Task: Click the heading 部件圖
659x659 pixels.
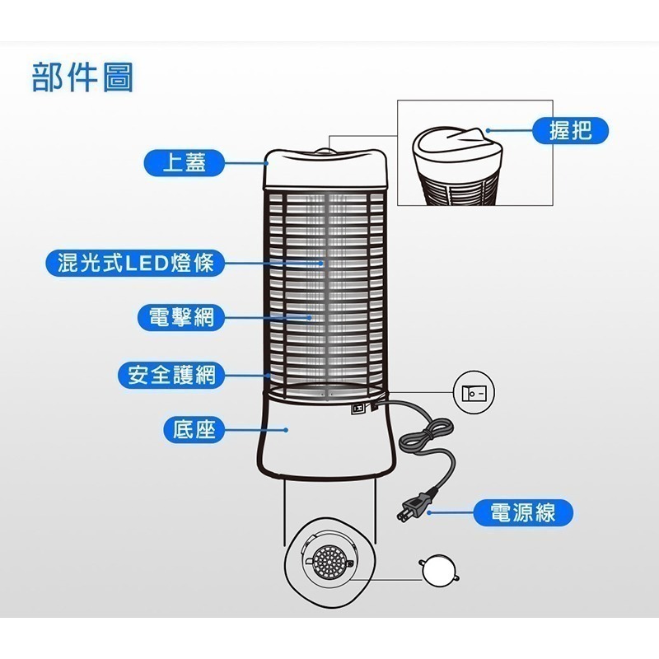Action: tap(82, 77)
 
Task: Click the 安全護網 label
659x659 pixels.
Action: tap(171, 375)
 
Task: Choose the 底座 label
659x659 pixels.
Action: tap(194, 429)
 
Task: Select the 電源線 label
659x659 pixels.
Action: tap(522, 512)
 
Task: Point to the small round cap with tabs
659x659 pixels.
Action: tap(437, 568)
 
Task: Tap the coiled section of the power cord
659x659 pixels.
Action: tap(425, 437)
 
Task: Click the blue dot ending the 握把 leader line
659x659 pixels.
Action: tap(488, 129)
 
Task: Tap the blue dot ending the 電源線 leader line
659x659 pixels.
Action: tap(428, 512)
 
